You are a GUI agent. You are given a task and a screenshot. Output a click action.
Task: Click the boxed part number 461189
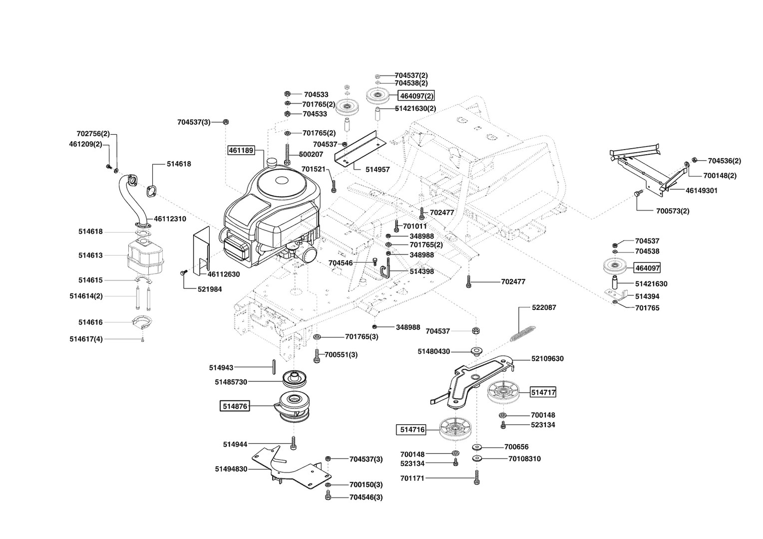241,150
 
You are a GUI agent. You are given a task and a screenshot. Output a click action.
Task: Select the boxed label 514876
234,406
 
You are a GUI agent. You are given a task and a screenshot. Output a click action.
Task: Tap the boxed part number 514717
543,392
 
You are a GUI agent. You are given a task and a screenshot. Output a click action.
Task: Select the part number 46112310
170,219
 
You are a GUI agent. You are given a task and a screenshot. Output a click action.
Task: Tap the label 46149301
702,191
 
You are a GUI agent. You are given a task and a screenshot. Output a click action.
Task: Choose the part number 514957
378,170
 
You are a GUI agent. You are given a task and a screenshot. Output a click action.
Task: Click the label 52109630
547,358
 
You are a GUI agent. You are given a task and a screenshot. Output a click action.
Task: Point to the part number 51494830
231,469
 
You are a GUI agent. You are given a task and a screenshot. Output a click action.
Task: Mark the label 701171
412,479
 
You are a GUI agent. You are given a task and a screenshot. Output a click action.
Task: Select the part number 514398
421,271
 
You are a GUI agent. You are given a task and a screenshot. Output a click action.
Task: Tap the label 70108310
524,459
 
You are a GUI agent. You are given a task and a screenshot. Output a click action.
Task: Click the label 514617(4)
86,339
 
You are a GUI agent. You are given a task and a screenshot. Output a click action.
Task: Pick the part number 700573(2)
673,211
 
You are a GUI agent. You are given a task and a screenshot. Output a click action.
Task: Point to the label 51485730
231,382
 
